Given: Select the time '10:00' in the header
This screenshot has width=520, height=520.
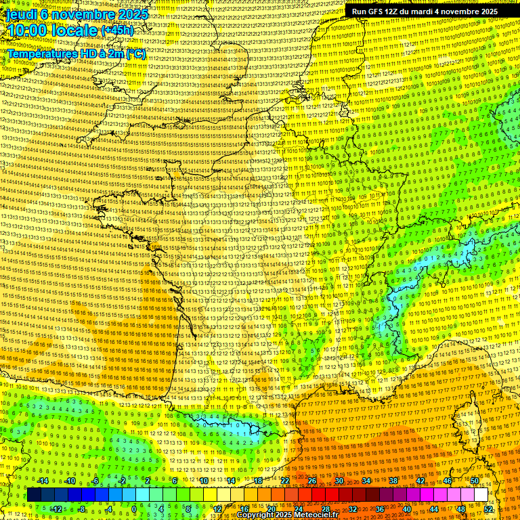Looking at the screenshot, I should (31, 30).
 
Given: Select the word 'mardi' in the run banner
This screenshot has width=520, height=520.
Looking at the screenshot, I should (423, 12).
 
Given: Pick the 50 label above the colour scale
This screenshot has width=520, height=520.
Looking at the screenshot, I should (474, 481).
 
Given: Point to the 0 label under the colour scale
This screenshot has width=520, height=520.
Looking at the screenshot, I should (134, 508).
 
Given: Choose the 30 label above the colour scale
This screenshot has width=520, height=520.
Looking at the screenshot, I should (339, 481).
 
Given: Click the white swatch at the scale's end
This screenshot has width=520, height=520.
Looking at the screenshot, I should (481, 495).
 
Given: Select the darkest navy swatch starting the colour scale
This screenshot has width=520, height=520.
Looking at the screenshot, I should (35, 495).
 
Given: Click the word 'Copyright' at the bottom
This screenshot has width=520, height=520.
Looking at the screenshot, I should (257, 515).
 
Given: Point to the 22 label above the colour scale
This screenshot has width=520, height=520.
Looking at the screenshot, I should (285, 481).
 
